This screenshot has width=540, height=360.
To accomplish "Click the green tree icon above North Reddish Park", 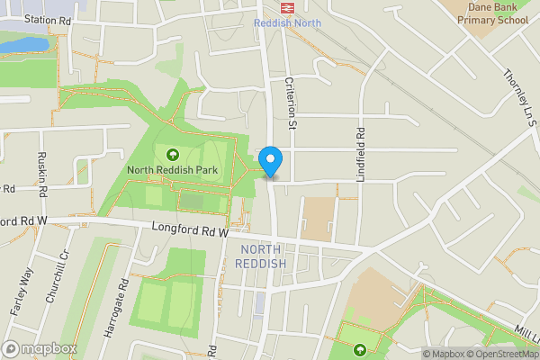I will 172,152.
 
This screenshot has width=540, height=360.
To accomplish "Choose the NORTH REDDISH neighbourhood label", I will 260,256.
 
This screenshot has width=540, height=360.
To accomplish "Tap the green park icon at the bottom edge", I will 360,349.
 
